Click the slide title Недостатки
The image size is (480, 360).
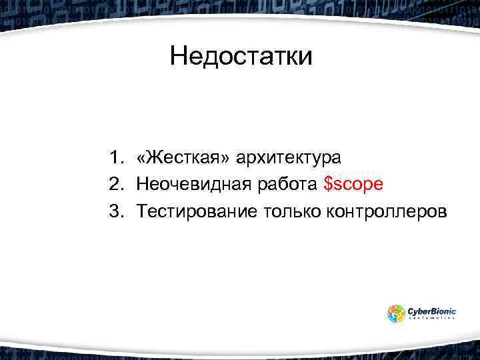tap(240, 56)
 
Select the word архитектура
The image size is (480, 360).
tap(288, 159)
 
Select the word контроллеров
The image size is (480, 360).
tap(387, 212)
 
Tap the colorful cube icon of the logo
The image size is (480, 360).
tap(397, 313)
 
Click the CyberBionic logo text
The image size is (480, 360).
tap(432, 310)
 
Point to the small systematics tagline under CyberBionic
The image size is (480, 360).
tap(432, 319)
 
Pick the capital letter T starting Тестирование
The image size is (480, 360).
tap(143, 211)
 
